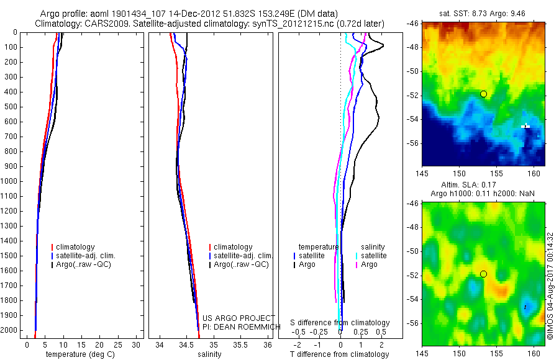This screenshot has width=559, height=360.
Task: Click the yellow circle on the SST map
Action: [x=483, y=94]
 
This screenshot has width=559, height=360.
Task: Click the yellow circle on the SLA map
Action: [x=483, y=274]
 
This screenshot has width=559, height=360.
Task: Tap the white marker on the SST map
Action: [x=525, y=126]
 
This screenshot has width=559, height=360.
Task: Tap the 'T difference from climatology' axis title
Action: [x=339, y=354]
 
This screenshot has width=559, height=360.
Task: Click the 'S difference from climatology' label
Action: [x=340, y=323]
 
